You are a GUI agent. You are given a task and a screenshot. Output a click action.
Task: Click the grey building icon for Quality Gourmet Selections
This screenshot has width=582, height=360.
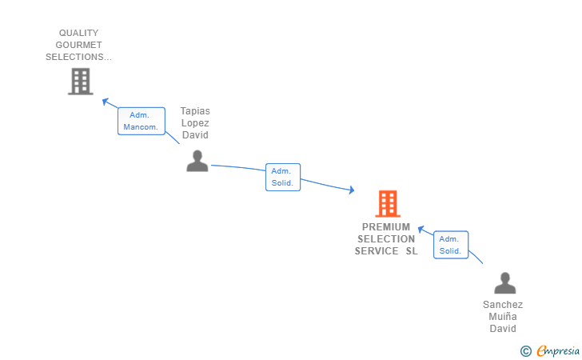80,81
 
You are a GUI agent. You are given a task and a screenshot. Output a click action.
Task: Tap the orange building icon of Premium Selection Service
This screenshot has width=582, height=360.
387,204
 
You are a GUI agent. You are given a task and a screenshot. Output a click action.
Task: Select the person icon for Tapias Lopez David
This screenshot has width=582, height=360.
197,161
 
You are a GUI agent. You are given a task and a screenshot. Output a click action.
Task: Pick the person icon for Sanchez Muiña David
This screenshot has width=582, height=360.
504,283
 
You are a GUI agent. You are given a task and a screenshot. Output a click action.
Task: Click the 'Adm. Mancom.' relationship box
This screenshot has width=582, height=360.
141,121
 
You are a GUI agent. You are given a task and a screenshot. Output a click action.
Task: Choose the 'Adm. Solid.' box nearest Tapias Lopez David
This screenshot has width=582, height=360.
282,177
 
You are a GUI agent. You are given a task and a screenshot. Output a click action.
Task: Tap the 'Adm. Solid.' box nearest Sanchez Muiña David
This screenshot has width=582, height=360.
450,245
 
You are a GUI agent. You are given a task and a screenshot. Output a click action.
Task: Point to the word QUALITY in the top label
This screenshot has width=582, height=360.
78,34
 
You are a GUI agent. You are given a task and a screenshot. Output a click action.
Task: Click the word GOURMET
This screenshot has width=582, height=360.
80,46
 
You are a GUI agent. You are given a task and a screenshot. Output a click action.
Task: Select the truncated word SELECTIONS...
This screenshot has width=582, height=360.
78,58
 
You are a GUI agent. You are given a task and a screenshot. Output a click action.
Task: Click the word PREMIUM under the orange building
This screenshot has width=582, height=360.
386,227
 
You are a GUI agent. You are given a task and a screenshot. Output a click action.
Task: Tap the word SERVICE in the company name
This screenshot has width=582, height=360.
377,251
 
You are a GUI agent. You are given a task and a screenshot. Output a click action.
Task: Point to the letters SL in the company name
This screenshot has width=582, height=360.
411,251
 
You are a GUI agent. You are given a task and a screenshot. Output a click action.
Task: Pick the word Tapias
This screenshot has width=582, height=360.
196,111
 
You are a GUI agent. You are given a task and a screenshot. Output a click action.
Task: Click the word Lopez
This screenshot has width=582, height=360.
196,123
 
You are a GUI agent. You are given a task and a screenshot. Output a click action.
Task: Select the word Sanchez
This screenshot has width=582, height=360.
503,305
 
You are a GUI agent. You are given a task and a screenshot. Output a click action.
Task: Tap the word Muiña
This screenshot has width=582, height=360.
503,317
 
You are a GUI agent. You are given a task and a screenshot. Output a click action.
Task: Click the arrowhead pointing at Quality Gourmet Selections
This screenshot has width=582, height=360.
105,101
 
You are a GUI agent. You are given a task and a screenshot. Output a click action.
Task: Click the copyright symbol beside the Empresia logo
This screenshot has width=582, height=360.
525,350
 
